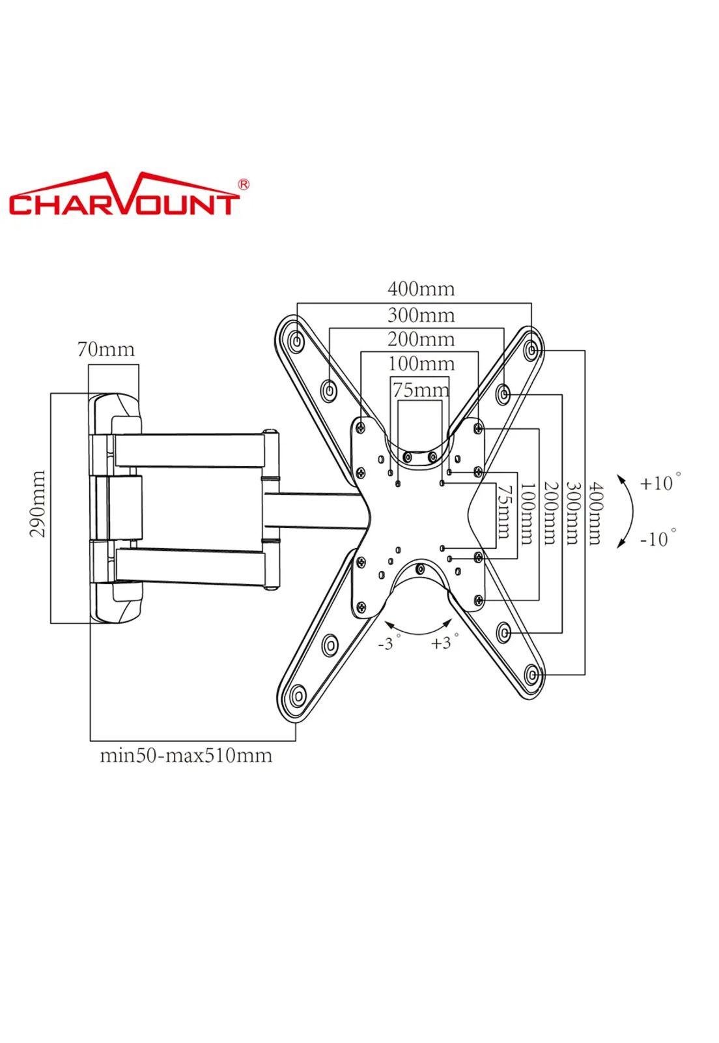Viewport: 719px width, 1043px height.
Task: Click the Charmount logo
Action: (124, 196)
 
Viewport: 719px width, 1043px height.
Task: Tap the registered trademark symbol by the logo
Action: (244, 184)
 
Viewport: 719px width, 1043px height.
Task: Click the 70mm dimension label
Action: (106, 349)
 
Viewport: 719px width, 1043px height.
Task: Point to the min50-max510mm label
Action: (186, 756)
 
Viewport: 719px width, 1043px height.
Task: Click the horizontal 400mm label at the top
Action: (421, 288)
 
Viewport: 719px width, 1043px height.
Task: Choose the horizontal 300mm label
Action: (421, 315)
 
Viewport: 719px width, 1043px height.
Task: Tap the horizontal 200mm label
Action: (421, 339)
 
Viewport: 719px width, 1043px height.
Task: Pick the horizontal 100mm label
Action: (421, 363)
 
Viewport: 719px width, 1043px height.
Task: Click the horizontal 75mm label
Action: (421, 390)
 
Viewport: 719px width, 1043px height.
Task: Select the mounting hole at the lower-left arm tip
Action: (298, 696)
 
